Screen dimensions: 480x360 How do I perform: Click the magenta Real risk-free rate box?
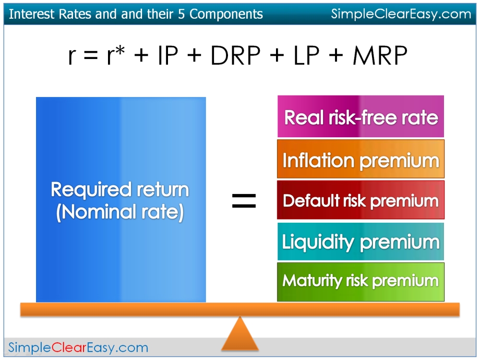click(360, 116)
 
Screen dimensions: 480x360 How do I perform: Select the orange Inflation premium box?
click(360, 159)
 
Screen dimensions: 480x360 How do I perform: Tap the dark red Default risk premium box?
click(360, 200)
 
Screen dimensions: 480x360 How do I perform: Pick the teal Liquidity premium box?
click(360, 241)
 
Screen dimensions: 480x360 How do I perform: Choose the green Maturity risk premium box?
click(360, 282)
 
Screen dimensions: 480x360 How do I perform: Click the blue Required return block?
click(121, 200)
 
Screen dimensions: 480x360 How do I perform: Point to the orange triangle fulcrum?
click(240, 334)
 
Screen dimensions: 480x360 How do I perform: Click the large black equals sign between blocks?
click(244, 201)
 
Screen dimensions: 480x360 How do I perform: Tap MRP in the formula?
click(380, 55)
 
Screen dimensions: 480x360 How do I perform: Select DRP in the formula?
click(235, 55)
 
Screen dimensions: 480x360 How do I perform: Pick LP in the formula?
click(306, 55)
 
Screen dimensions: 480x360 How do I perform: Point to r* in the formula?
click(116, 55)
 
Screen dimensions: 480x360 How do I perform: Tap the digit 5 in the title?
click(181, 14)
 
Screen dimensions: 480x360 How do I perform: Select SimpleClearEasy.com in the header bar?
click(401, 14)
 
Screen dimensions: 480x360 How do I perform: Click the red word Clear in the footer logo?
click(69, 348)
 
